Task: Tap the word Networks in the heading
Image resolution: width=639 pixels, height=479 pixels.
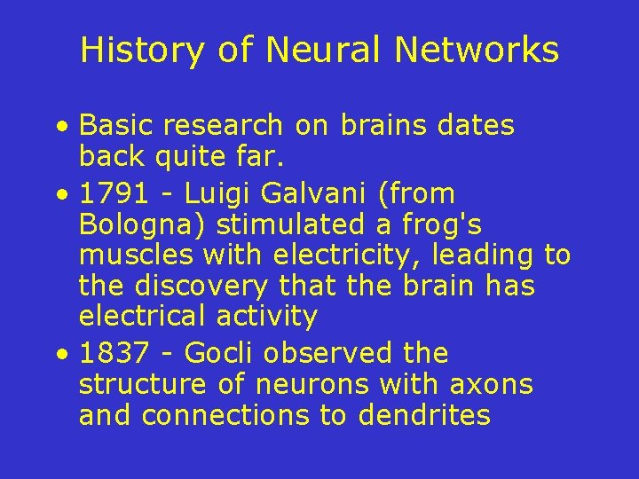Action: [477, 51]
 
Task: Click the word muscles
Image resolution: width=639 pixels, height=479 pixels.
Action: [136, 256]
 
